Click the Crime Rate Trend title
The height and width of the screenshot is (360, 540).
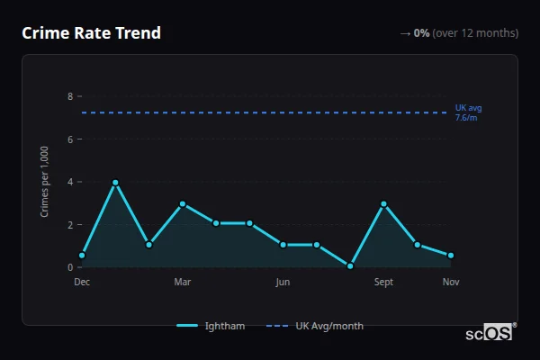91,33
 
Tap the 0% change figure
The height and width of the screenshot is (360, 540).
421,33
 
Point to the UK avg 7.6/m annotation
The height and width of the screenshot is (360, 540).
468,112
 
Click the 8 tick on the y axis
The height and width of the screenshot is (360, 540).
70,96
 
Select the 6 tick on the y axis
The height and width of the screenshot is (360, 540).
70,139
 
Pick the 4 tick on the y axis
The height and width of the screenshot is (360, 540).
70,182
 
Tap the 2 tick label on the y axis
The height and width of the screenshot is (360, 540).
70,224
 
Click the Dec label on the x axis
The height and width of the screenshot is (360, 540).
82,283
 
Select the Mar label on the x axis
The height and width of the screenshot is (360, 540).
183,283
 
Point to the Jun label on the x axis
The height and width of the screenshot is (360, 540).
283,283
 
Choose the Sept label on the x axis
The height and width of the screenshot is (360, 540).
383,283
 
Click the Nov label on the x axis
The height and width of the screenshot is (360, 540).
451,283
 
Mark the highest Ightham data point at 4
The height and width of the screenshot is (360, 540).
115,183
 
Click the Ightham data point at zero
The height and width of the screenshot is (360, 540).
350,266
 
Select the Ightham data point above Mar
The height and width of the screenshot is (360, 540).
183,203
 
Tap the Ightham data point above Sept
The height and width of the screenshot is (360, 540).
383,203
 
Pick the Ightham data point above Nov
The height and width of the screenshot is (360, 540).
451,256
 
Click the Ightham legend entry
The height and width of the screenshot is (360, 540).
211,326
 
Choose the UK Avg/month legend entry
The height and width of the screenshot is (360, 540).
316,326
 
